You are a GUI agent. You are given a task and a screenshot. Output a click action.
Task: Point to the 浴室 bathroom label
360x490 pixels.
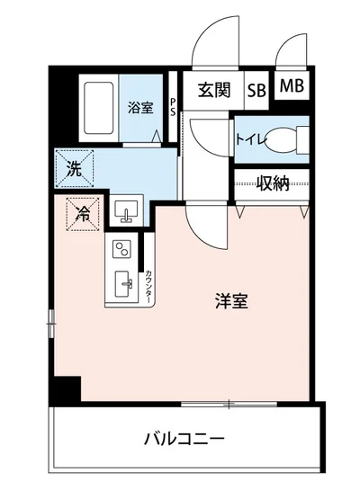point(140,105)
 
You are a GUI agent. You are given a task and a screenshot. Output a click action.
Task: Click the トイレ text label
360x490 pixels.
point(249,139)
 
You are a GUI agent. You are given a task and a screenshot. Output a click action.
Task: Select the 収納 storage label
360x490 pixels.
point(272,183)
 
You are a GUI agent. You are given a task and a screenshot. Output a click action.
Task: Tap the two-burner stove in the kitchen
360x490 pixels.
point(121,249)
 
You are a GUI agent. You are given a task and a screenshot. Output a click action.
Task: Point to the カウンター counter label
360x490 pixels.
point(148,285)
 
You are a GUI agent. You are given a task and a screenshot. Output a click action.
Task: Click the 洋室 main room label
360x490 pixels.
point(230,302)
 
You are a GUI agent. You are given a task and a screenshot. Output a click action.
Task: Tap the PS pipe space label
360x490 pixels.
point(173,107)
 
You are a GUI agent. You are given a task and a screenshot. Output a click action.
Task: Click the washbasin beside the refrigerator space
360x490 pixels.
point(125,212)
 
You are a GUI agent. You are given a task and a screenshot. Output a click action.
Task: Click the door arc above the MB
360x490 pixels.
point(292,52)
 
